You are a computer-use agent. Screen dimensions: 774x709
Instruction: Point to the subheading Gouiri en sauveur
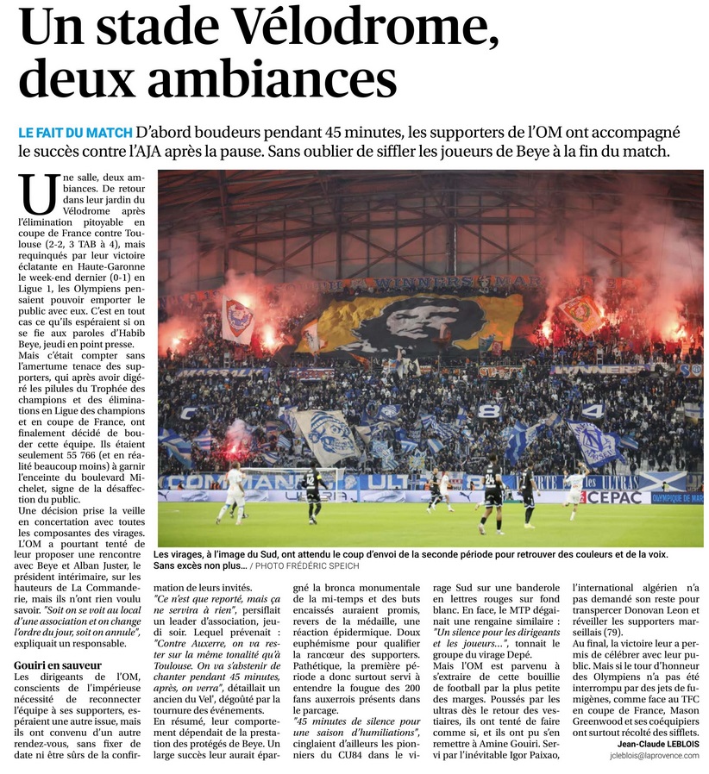58,665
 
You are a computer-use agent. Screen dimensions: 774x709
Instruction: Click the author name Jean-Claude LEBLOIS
657,743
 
